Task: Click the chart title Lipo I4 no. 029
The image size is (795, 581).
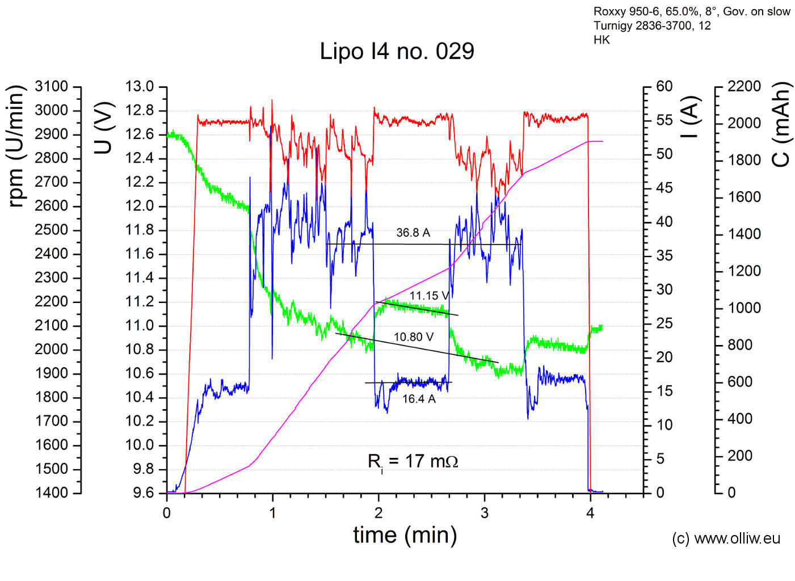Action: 397,52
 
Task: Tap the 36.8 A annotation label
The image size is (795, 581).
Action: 413,233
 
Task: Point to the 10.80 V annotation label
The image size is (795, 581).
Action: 414,337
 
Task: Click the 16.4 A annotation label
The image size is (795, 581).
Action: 419,399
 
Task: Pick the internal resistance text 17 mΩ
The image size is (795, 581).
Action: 413,461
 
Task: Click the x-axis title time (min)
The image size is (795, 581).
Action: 405,535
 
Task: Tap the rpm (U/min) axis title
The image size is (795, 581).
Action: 16,146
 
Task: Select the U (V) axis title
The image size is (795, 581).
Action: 104,128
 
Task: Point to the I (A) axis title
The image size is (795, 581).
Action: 689,117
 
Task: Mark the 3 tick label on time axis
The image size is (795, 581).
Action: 484,513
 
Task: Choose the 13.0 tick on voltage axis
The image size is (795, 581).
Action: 140,87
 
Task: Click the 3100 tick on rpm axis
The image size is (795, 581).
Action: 51,87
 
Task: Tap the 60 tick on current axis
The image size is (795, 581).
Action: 664,86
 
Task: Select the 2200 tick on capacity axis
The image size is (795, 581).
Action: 744,86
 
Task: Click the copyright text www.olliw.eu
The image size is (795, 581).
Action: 726,538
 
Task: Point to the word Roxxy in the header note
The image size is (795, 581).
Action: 610,12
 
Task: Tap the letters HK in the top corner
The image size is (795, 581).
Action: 601,40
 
